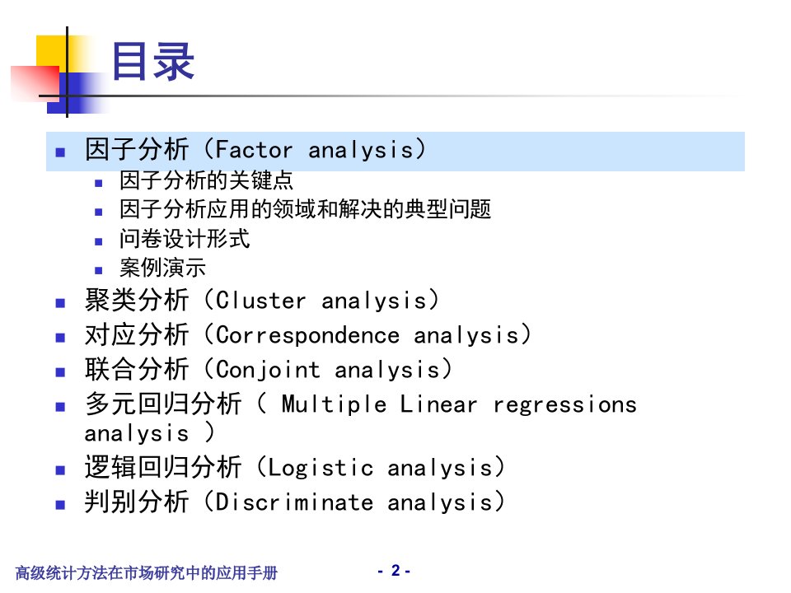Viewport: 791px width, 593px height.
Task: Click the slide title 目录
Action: [153, 62]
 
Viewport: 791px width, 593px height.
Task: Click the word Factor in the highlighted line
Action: [255, 150]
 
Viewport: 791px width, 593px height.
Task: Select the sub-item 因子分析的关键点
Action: [206, 180]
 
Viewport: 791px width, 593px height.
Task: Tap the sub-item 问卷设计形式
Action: [185, 239]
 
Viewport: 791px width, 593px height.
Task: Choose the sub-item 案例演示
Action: [163, 267]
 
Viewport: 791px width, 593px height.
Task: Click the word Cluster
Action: [261, 301]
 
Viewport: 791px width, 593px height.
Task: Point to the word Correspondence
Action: [307, 335]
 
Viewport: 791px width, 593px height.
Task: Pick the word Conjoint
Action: [268, 370]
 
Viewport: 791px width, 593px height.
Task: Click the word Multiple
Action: [335, 404]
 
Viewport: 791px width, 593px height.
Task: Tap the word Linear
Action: [438, 404]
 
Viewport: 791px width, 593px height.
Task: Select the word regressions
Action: [565, 405]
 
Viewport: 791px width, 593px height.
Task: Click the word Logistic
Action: [321, 468]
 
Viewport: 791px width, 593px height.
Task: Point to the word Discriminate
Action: [295, 502]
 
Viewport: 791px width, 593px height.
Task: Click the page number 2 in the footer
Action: [395, 570]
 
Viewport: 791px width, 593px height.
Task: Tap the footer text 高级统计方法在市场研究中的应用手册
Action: [147, 573]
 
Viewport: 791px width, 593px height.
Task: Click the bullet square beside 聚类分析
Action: [60, 303]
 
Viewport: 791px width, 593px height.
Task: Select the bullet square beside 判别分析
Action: [60, 505]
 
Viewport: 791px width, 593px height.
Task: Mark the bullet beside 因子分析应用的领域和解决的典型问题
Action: [99, 212]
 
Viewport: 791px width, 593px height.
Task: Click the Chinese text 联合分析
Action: [137, 369]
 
